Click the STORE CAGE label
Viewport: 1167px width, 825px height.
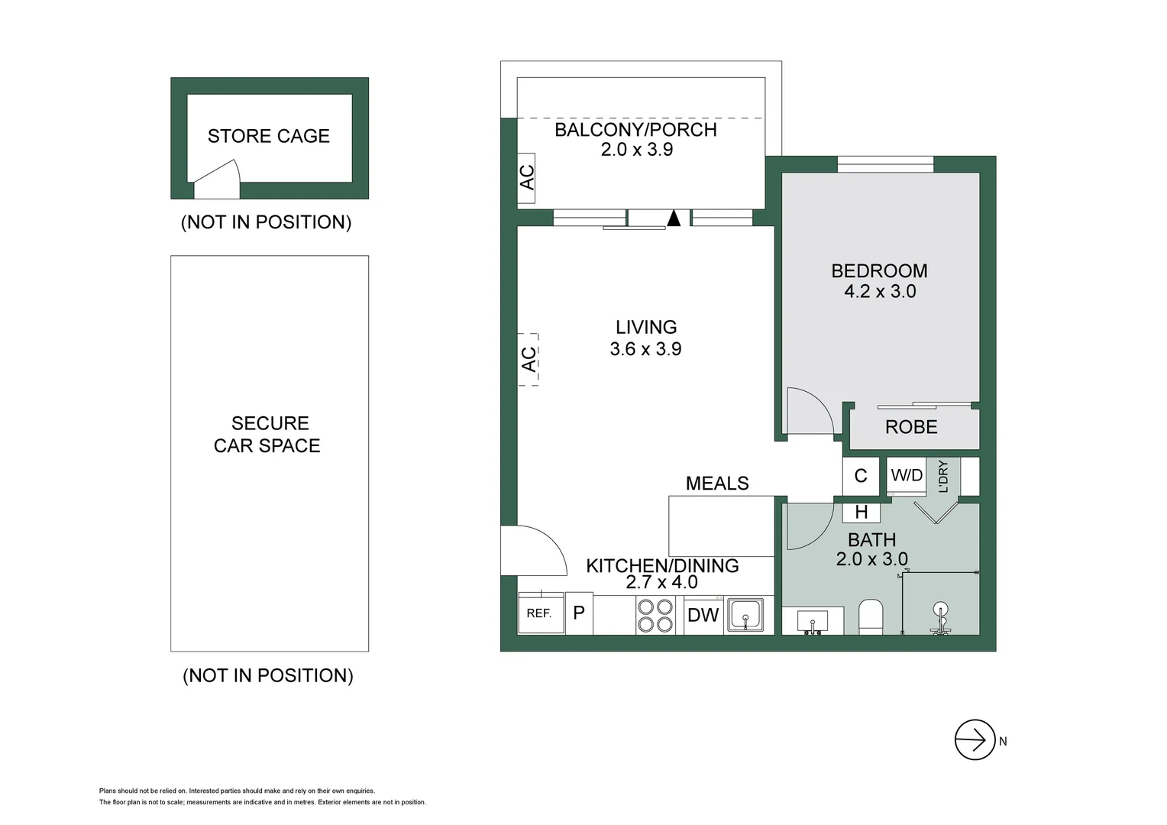[x=268, y=136]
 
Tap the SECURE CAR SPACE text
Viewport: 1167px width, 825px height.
[x=267, y=434]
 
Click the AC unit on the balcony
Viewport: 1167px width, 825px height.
[x=526, y=177]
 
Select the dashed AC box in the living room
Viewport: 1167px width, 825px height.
[x=529, y=359]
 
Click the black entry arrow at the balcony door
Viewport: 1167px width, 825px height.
[x=673, y=218]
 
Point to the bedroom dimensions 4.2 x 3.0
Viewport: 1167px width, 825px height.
[x=879, y=291]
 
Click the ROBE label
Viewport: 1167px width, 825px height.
[x=910, y=427]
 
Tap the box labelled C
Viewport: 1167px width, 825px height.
[x=861, y=476]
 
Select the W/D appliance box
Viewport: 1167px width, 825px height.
[x=907, y=476]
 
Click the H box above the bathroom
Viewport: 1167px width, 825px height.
[x=862, y=512]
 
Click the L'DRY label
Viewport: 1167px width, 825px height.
[x=943, y=476]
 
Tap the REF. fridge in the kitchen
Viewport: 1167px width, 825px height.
[x=540, y=613]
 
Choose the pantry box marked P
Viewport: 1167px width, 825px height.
[x=579, y=613]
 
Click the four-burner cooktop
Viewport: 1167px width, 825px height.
[x=655, y=616]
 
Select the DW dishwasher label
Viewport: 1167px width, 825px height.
[x=703, y=615]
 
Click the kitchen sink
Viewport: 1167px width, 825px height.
[x=745, y=614]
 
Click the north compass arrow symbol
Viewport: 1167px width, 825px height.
[x=975, y=739]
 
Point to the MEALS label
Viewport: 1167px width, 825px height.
[x=716, y=484]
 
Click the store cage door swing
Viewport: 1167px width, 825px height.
[x=218, y=180]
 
